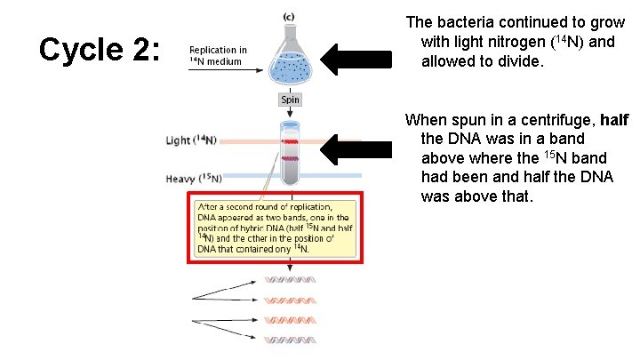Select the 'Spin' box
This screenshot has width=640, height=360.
point(291,100)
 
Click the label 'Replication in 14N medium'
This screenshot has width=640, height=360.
point(219,55)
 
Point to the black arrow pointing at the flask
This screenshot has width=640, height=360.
point(356,60)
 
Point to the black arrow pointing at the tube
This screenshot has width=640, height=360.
point(356,148)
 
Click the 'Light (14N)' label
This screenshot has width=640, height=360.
point(191,140)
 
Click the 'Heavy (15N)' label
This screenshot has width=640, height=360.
point(195,179)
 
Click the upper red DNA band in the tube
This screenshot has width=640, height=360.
point(291,141)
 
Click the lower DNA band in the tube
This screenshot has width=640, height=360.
point(291,157)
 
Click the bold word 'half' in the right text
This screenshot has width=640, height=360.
point(614,120)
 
